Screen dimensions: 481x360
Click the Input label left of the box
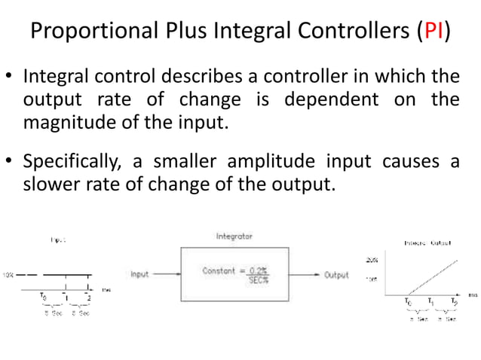click(x=140, y=275)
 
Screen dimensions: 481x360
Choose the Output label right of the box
click(x=336, y=275)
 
